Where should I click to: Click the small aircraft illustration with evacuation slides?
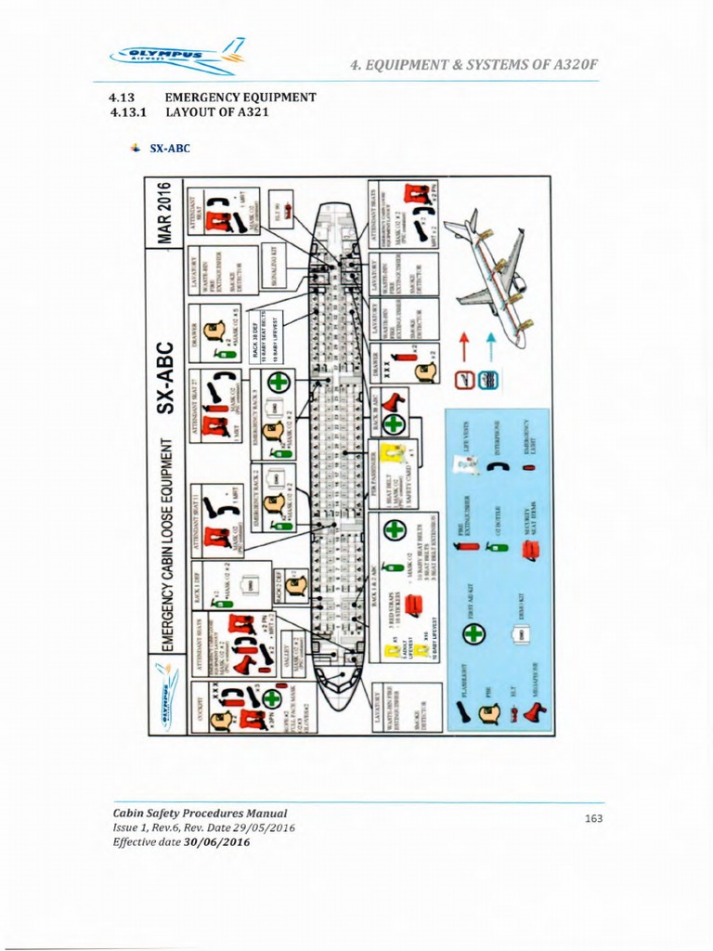click(x=488, y=269)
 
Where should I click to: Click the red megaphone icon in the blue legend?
click(x=535, y=710)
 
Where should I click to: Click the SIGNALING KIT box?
click(x=276, y=260)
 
